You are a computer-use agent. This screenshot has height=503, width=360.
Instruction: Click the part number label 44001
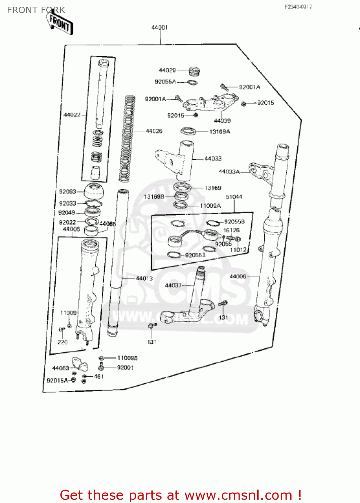tap(160, 27)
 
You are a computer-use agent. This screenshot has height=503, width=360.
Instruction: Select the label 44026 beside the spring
tap(154, 131)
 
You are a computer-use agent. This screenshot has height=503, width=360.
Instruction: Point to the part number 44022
tap(72, 115)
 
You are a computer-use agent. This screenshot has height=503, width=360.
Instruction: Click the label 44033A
tap(229, 172)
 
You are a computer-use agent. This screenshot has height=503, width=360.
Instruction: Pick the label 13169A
tap(220, 132)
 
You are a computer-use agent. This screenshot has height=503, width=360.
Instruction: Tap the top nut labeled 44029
tap(194, 71)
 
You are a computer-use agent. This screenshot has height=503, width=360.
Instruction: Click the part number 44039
tap(222, 121)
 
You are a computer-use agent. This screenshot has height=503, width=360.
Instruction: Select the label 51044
tap(234, 197)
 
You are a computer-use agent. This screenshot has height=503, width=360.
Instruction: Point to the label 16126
tap(232, 230)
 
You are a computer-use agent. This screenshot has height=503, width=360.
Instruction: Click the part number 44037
tap(173, 285)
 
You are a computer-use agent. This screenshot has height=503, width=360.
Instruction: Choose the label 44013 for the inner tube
tap(144, 278)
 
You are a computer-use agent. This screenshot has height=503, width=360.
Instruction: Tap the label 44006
tap(238, 277)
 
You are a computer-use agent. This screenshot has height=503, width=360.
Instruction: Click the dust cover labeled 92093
tap(94, 191)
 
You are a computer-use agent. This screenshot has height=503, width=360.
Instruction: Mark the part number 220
tap(62, 342)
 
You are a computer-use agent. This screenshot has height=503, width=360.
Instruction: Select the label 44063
tap(60, 368)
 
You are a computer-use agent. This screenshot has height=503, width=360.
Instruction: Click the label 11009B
tap(127, 358)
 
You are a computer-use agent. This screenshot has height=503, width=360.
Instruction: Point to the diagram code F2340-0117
tap(298, 7)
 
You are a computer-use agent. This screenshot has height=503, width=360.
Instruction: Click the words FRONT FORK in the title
tap(36, 10)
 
